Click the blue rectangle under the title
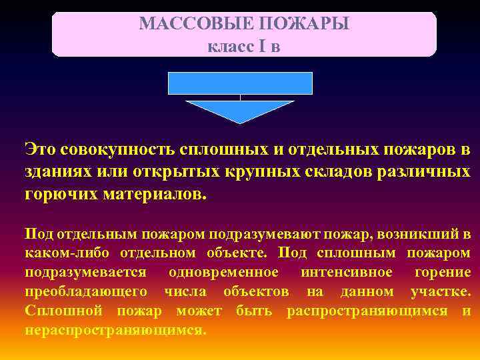click(240, 83)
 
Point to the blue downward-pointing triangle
click(240, 110)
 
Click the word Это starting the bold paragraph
click(41, 149)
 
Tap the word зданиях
click(56, 172)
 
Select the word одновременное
click(224, 273)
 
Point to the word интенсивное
click(346, 273)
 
